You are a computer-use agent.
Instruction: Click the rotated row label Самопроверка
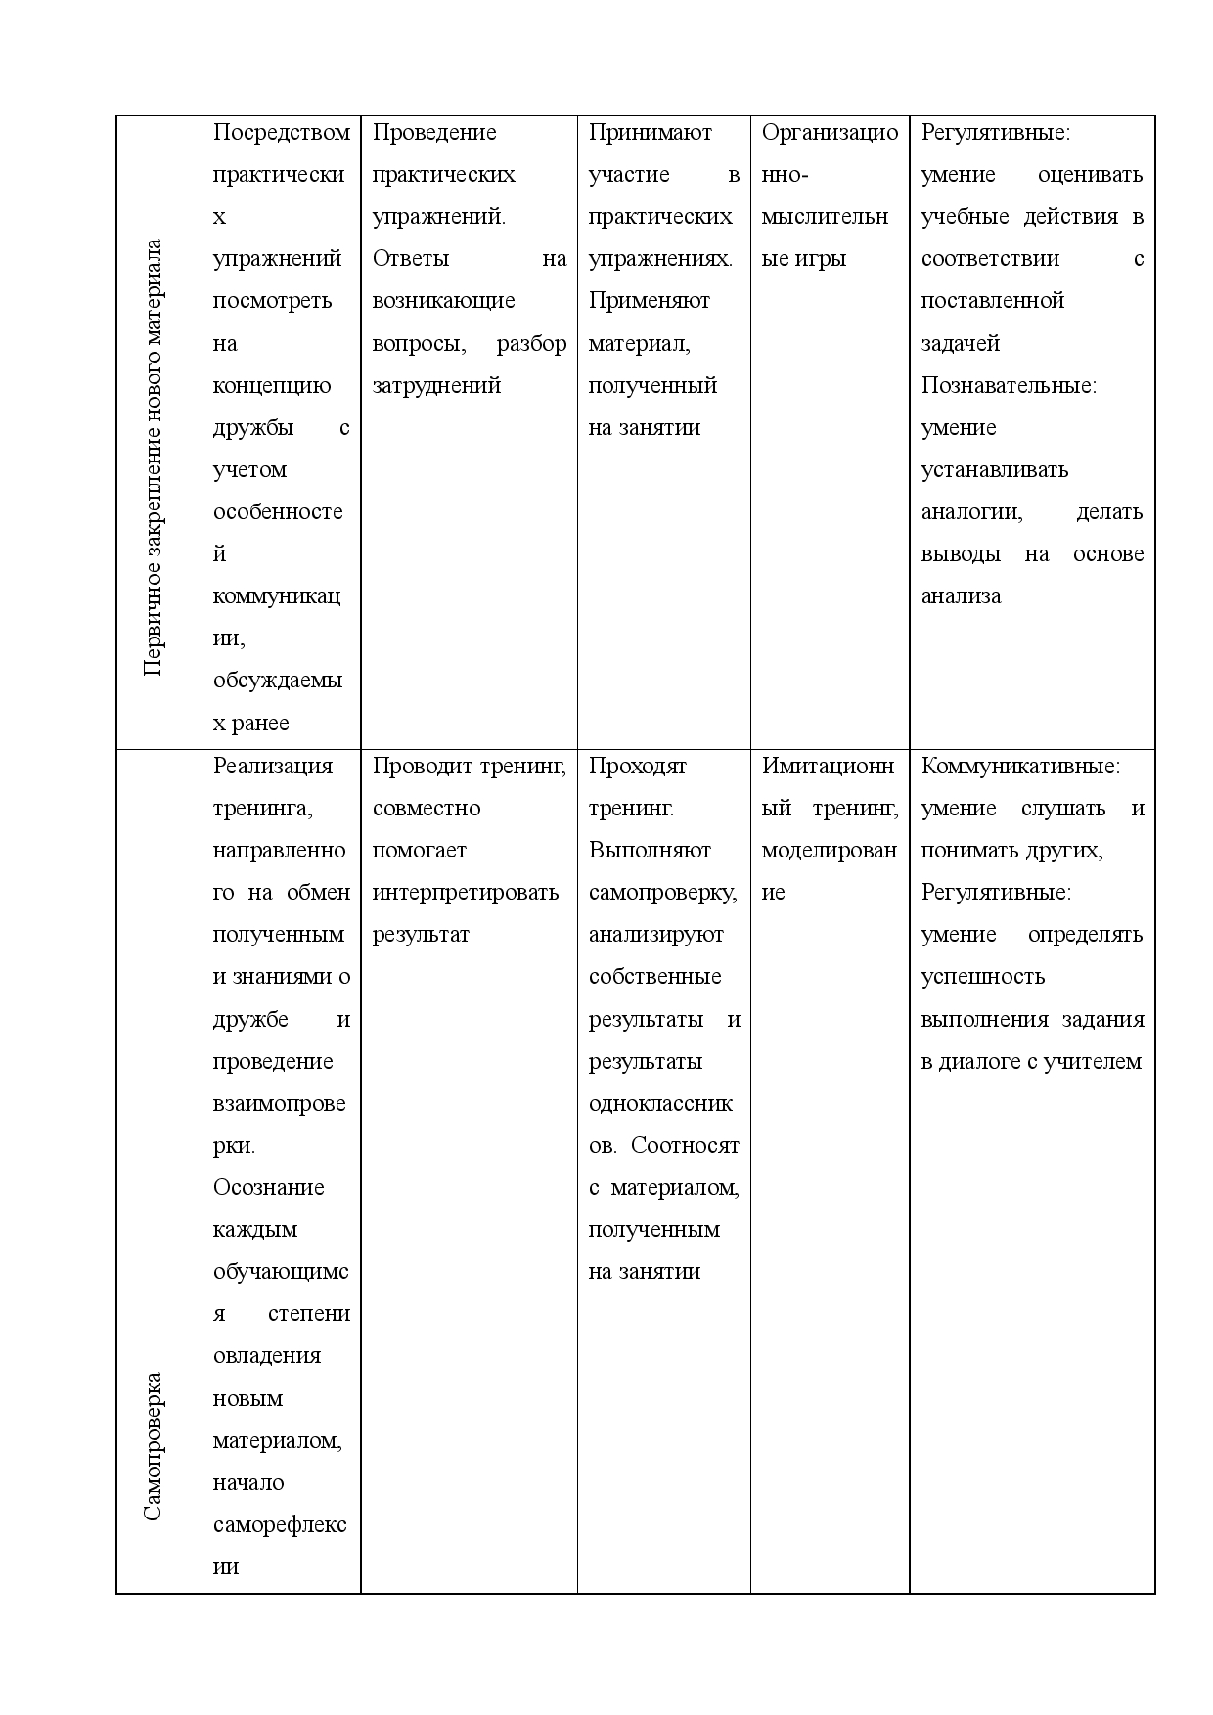pyautogui.click(x=154, y=1446)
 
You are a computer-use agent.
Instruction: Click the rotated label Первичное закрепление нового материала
pyautogui.click(x=154, y=456)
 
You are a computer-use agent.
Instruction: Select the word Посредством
pyautogui.click(x=281, y=133)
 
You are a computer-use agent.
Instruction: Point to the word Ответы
pyautogui.click(x=411, y=259)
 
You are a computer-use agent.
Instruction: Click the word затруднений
pyautogui.click(x=436, y=386)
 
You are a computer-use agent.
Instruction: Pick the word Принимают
pyautogui.click(x=650, y=133)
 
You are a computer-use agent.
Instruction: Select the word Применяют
pyautogui.click(x=649, y=301)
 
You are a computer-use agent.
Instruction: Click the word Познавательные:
pyautogui.click(x=1009, y=386)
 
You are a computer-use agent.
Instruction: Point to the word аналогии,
pyautogui.click(x=971, y=512)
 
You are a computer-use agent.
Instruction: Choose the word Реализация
pyautogui.click(x=273, y=767)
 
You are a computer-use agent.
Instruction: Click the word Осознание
pyautogui.click(x=268, y=1188)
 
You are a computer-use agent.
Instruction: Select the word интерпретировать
pyautogui.click(x=465, y=893)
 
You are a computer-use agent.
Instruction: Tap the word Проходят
pyautogui.click(x=637, y=767)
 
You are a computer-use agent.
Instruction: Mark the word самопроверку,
pyautogui.click(x=662, y=893)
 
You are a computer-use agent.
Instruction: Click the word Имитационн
pyautogui.click(x=828, y=767)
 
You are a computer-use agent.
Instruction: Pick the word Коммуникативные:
pyautogui.click(x=1020, y=767)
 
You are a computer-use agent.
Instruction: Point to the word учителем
pyautogui.click(x=1092, y=1062)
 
